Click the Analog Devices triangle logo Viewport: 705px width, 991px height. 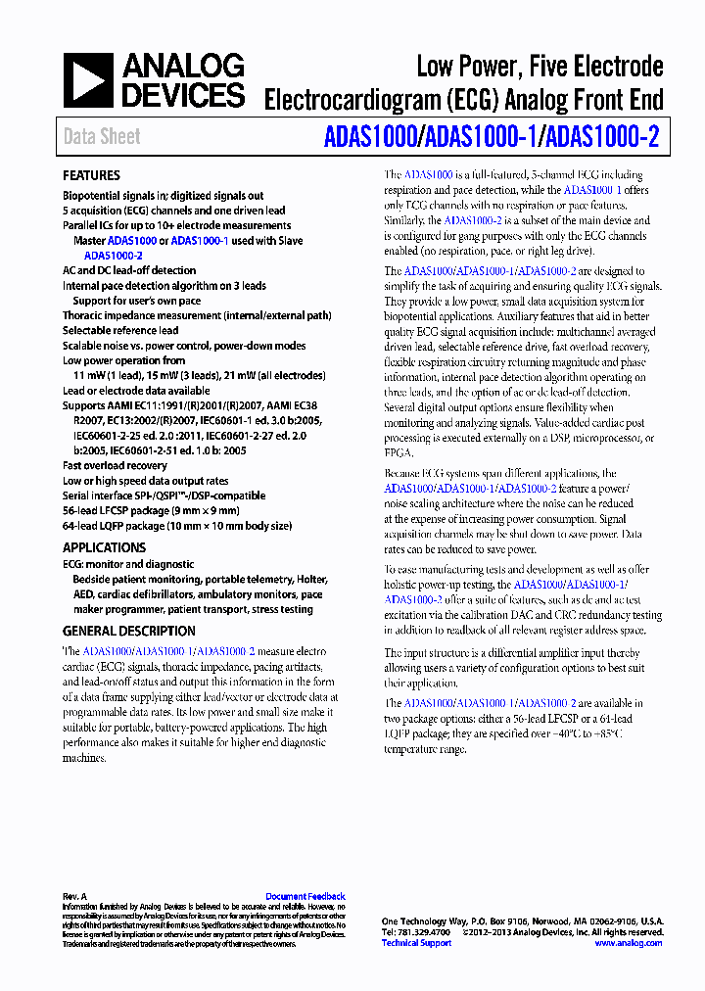pos(87,80)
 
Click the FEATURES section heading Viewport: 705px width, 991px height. pos(91,175)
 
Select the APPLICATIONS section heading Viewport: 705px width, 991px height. pos(104,547)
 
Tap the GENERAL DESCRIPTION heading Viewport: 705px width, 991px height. pos(129,631)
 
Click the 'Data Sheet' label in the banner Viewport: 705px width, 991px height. pos(102,137)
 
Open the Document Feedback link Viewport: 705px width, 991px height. pos(305,896)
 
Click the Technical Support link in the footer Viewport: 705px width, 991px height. pos(416,943)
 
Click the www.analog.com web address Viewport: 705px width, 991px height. pos(629,943)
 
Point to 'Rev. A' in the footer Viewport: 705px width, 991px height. pos(75,896)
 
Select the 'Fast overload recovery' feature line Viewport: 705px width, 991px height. pos(115,466)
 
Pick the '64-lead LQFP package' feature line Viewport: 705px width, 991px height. pos(176,526)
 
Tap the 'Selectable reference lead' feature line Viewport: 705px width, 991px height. pos(120,331)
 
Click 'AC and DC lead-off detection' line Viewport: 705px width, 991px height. pos(129,270)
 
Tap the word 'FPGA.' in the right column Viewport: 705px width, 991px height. pos(399,453)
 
